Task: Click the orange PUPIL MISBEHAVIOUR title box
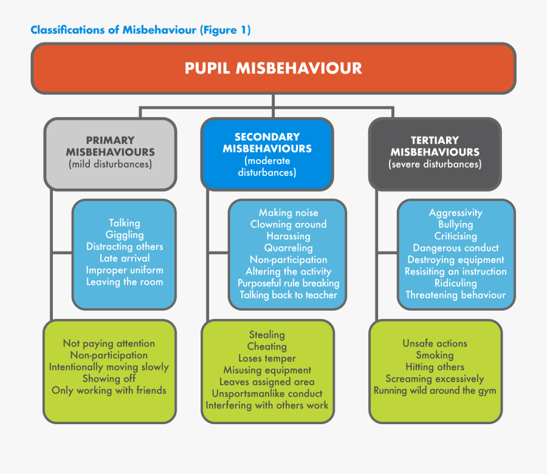tap(273, 68)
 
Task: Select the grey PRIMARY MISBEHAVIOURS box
tap(110, 152)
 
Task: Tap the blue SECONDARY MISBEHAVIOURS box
tap(267, 154)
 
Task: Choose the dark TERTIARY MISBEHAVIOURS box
tap(435, 152)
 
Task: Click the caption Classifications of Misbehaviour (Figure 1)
tap(140, 30)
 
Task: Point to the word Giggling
tap(125, 235)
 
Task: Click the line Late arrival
tap(125, 258)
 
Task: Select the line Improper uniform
tap(125, 270)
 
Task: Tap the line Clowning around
tap(288, 224)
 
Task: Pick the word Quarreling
tap(288, 248)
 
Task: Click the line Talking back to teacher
tap(288, 295)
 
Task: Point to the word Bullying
tap(455, 224)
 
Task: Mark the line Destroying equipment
tap(455, 259)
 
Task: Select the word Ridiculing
tap(455, 283)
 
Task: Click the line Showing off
tap(109, 379)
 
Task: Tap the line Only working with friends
tap(109, 390)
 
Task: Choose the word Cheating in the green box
tap(267, 346)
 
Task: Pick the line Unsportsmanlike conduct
tap(267, 393)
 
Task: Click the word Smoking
tap(435, 355)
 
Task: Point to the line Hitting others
tap(435, 367)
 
